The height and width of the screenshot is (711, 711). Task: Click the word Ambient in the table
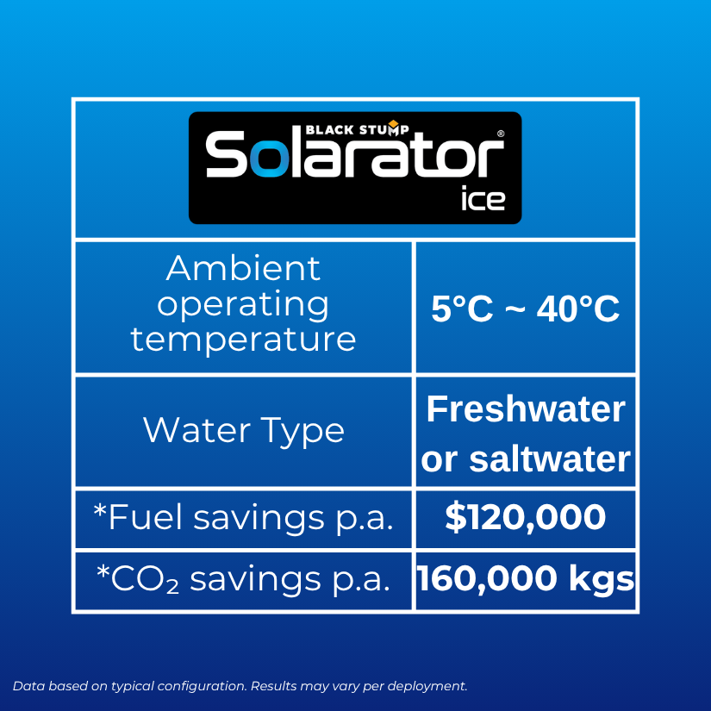[243, 268]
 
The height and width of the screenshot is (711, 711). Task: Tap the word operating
[243, 306]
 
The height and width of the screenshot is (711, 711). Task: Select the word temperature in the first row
[243, 340]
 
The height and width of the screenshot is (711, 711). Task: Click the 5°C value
[462, 309]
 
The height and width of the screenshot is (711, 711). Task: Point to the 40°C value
[577, 309]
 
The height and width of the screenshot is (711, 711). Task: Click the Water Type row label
[244, 431]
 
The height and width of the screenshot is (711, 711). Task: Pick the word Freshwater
[526, 409]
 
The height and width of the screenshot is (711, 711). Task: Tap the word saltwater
[550, 459]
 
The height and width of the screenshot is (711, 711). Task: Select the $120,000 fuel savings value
[526, 517]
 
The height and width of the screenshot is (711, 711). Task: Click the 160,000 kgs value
[526, 578]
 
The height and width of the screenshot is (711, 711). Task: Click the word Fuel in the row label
[145, 517]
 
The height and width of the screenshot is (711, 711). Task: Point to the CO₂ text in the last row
[144, 580]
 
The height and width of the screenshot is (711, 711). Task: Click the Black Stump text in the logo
[357, 130]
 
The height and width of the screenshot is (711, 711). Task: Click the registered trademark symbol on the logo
[501, 134]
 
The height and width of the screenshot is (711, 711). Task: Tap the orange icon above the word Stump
[393, 124]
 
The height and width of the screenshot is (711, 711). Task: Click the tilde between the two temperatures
[515, 309]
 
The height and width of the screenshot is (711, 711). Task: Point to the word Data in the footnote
[29, 686]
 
